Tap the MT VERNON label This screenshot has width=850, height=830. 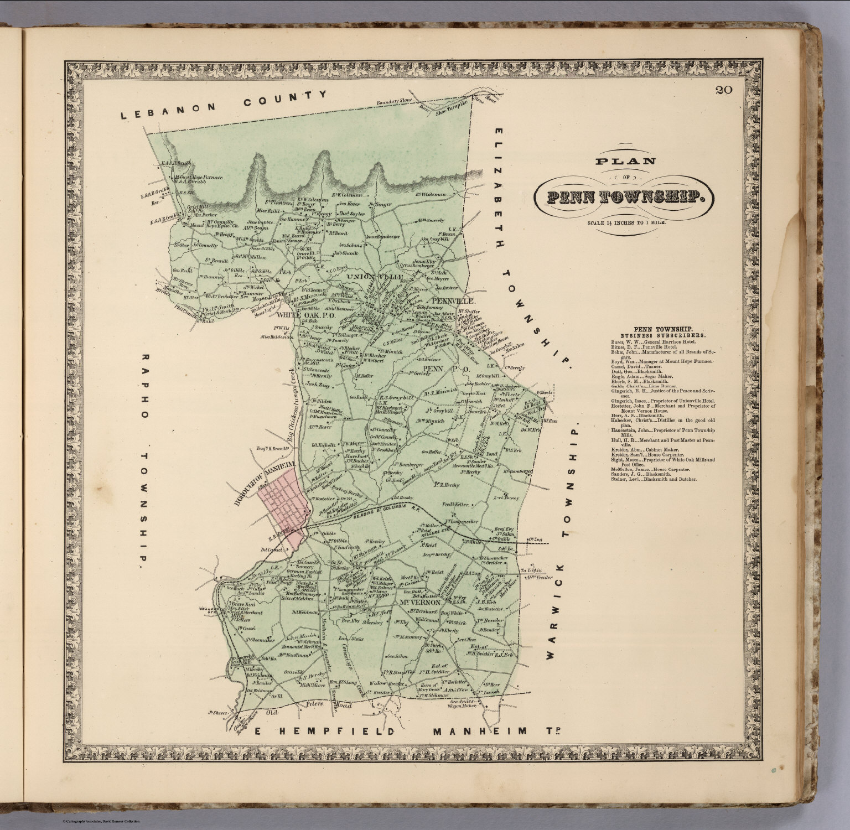[419, 601]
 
